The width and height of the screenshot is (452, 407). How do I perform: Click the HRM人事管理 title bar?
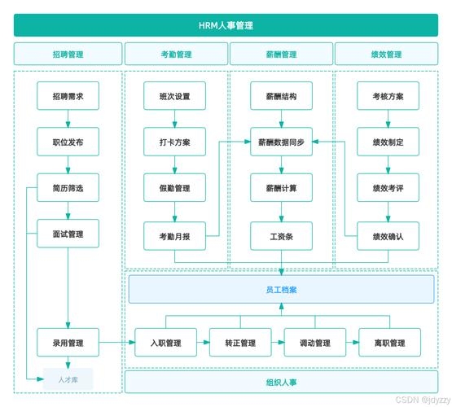point(226,25)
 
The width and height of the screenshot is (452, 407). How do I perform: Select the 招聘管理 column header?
point(68,55)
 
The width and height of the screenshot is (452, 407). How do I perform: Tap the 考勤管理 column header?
point(176,55)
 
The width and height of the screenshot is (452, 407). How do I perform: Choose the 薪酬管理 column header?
point(281,55)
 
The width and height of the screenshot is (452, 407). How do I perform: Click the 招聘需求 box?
point(68,96)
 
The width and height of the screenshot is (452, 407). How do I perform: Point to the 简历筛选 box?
point(68,188)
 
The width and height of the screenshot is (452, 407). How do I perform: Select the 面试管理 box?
point(68,234)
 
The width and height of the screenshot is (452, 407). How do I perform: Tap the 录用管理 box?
point(68,343)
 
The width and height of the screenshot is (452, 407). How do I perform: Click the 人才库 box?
point(68,379)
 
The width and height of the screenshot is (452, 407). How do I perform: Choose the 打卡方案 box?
point(175,142)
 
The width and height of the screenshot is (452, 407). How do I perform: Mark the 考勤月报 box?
point(175,237)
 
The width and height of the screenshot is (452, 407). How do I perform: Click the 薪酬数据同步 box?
point(281,142)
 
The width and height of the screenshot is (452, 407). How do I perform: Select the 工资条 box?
point(281,237)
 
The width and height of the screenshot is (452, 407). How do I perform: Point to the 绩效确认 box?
point(388,237)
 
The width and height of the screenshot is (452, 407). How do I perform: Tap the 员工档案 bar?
point(281,289)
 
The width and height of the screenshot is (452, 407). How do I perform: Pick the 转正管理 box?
point(240,343)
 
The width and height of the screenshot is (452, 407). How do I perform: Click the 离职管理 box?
point(389,343)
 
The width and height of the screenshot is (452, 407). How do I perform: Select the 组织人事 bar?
point(281,381)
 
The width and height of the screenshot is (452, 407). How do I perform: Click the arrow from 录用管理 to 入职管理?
point(117,343)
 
